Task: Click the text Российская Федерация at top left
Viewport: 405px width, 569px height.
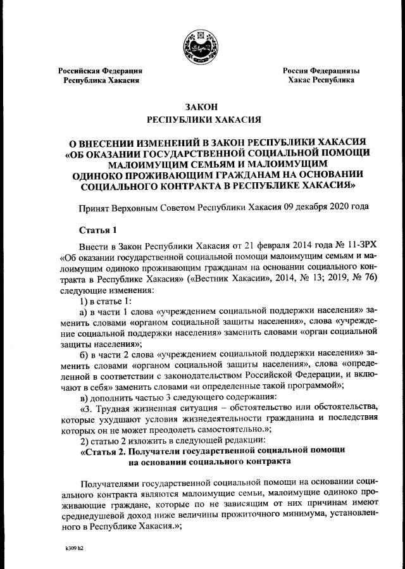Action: point(100,71)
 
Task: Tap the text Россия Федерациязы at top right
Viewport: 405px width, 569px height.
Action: point(321,71)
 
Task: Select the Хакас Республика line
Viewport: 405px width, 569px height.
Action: point(321,81)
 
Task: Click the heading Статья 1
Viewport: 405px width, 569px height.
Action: point(97,228)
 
